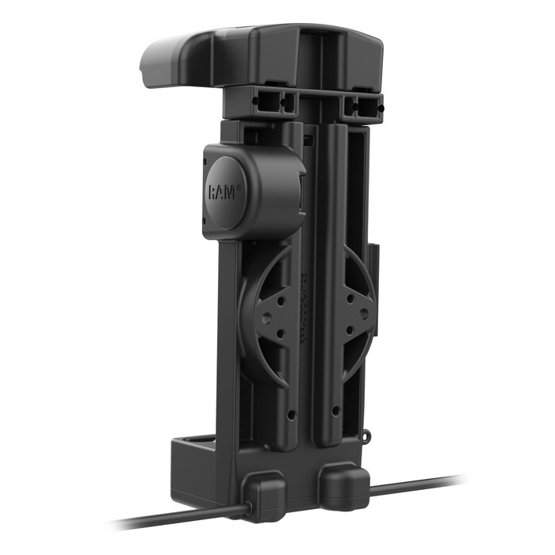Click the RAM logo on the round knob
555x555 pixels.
point(222,192)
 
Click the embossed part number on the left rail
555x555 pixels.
point(304,301)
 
